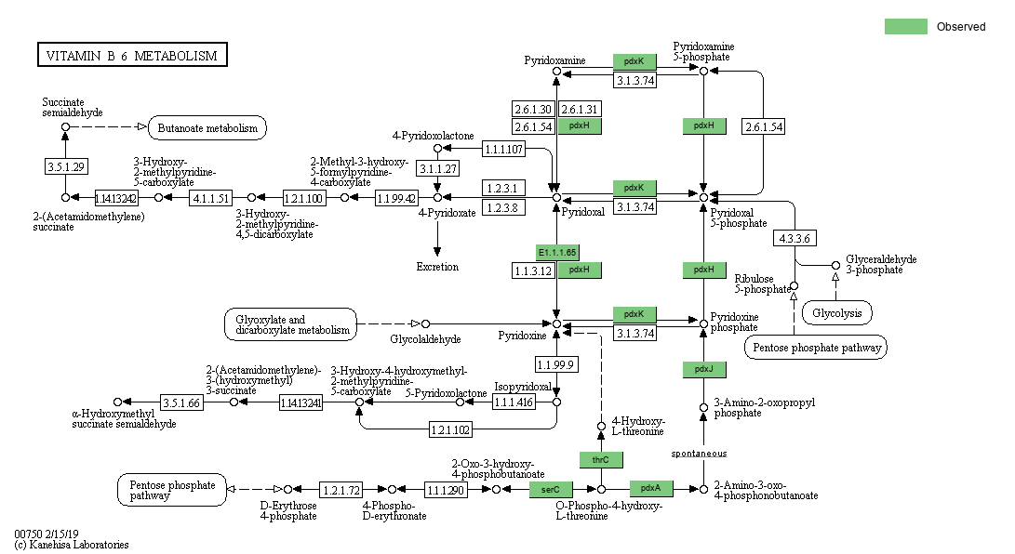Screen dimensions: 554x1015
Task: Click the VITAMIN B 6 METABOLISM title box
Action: click(x=131, y=56)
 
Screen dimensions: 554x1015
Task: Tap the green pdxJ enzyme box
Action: click(x=703, y=370)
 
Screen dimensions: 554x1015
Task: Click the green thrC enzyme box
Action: click(x=601, y=459)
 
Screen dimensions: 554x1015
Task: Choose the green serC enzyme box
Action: click(x=551, y=489)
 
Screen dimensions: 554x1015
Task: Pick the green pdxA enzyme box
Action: click(x=651, y=488)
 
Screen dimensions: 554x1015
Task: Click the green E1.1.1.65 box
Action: click(x=557, y=252)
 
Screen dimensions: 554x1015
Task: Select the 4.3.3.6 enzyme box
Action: click(x=795, y=238)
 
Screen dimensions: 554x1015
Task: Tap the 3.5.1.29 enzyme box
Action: click(x=65, y=166)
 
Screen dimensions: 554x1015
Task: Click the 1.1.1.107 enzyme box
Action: click(x=503, y=149)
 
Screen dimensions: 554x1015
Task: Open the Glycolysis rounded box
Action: click(x=837, y=313)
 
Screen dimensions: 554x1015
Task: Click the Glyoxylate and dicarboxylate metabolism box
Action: click(x=290, y=324)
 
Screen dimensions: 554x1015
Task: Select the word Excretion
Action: click(x=437, y=267)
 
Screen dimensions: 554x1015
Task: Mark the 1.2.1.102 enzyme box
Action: click(x=449, y=429)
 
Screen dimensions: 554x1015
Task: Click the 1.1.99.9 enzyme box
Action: click(x=556, y=363)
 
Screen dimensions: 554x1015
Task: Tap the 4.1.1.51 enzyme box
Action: click(x=210, y=198)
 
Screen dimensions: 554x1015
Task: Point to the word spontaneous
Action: click(x=699, y=454)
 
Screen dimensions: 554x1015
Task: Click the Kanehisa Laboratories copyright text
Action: click(x=72, y=545)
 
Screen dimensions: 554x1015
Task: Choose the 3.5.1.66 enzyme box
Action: click(x=181, y=402)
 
